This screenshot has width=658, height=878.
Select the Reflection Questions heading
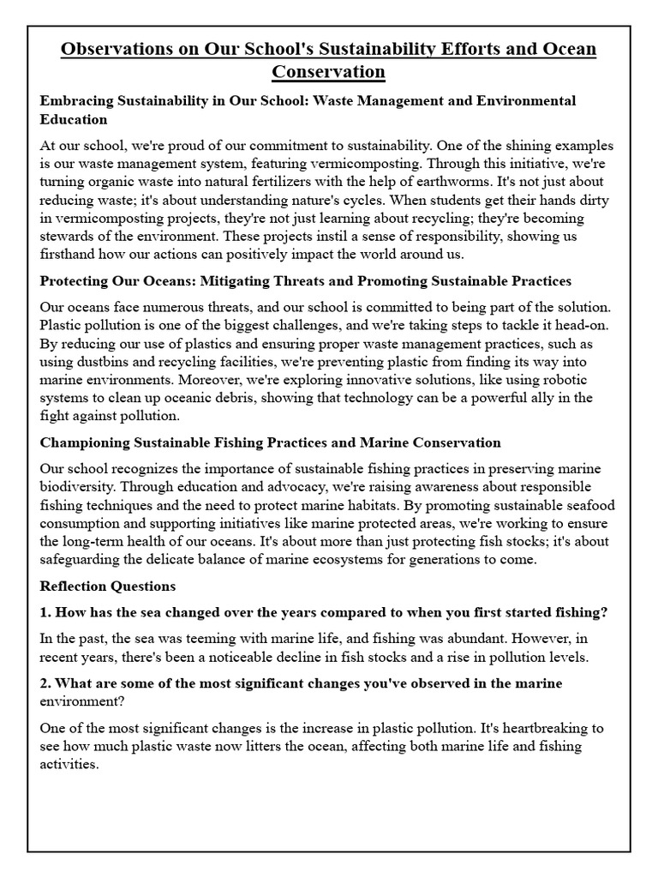(108, 586)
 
